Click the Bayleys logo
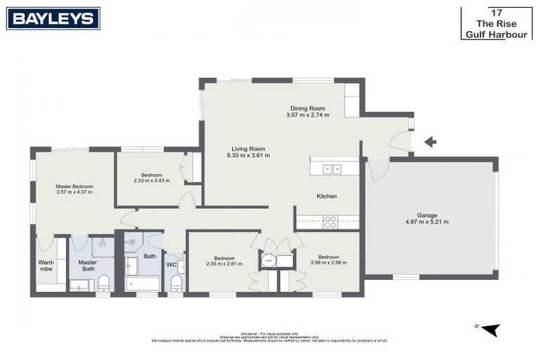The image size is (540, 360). pos(53,18)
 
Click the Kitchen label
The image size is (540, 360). pos(327,196)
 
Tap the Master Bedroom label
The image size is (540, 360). pos(74,186)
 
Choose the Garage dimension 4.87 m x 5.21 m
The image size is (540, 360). pos(426,221)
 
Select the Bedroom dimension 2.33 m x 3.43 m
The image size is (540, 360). pos(152,181)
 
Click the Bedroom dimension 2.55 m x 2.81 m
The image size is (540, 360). pos(224,264)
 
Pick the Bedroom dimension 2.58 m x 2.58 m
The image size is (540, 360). pos(328,263)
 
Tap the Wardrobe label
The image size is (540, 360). pos(46,266)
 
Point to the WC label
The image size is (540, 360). pos(171,264)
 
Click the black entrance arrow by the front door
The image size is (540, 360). pos(430,142)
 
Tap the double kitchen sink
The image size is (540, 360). pos(332,169)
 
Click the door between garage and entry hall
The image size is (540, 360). pos(378,169)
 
